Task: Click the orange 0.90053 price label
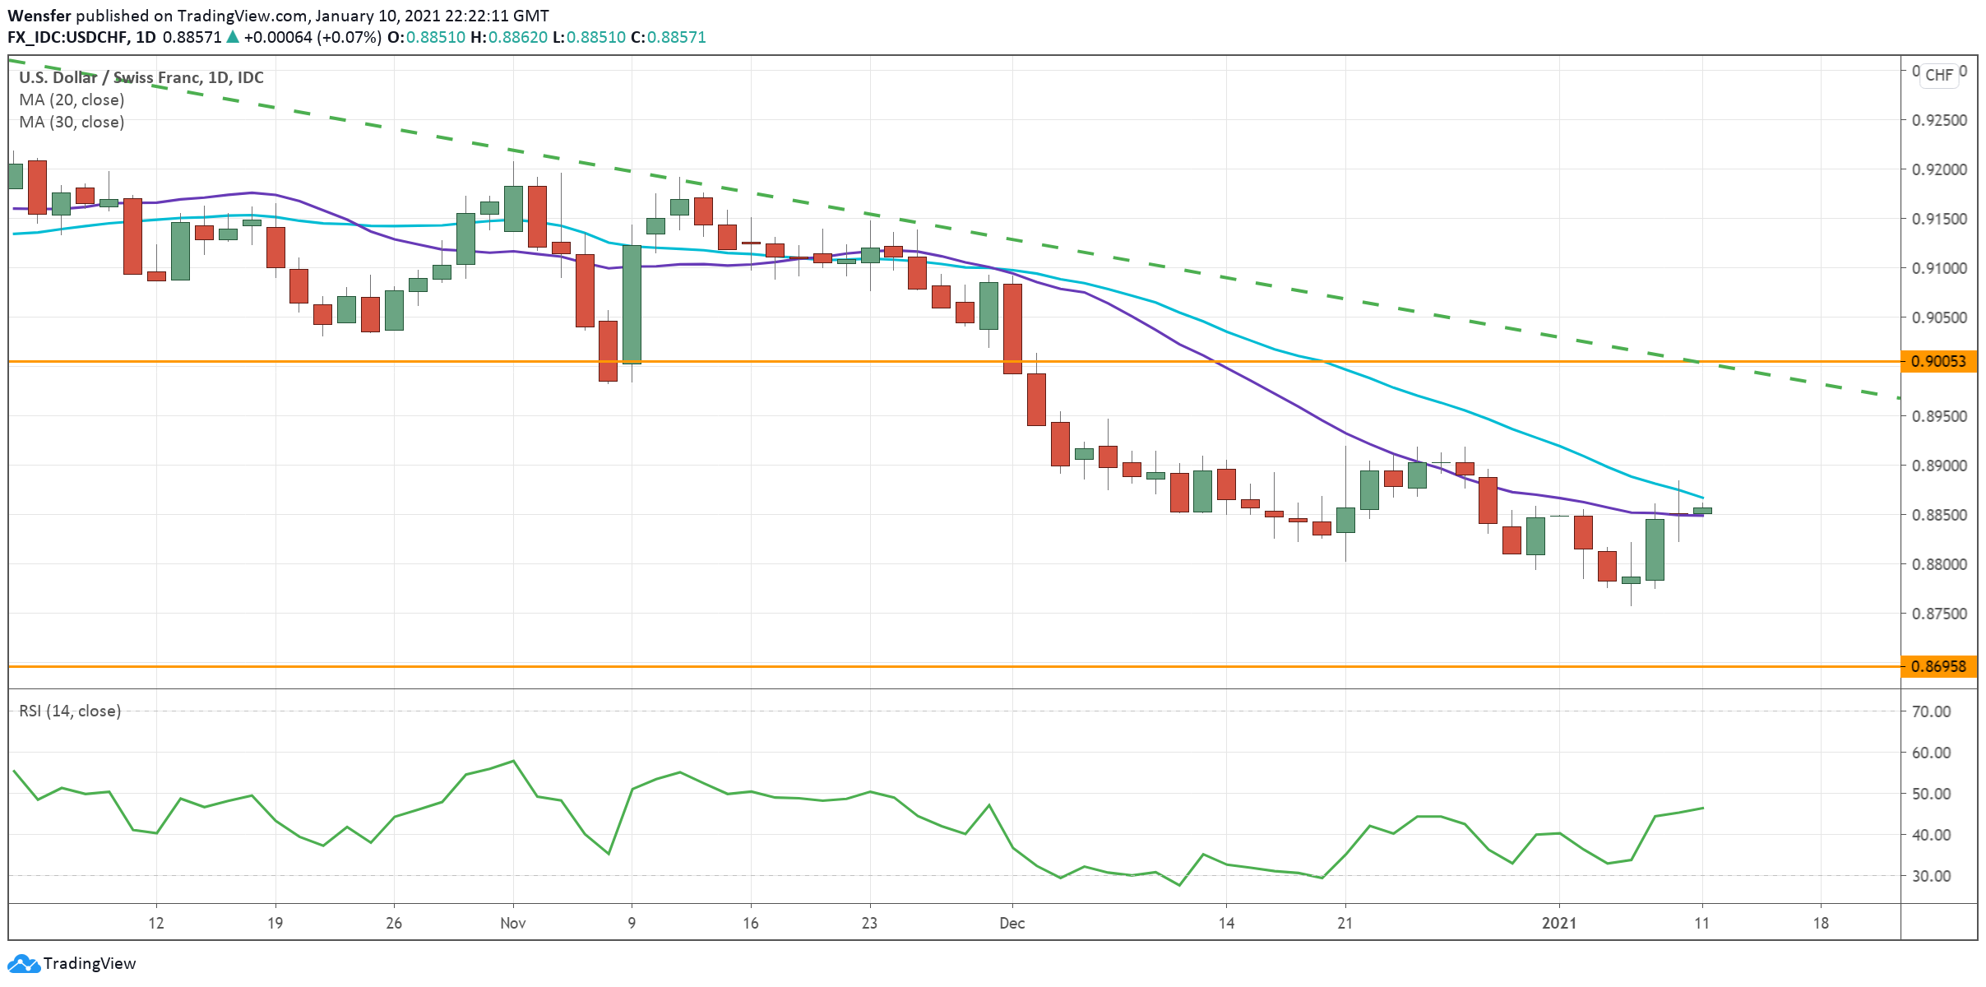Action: pos(1938,361)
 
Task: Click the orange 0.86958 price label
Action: pos(1938,666)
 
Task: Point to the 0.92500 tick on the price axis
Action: pos(1939,120)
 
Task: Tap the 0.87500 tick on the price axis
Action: pos(1939,614)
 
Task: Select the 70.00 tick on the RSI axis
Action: pos(1931,711)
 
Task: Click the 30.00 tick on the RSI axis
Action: pos(1931,876)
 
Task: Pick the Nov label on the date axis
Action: pos(512,923)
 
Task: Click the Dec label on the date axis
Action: pos(1012,923)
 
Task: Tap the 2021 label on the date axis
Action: pos(1558,923)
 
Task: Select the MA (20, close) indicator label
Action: pos(72,100)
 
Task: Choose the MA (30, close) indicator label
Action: pos(72,122)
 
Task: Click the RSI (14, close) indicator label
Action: pos(70,711)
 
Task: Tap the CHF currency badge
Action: pos(1938,75)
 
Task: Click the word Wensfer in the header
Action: pos(39,16)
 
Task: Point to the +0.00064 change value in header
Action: pos(278,37)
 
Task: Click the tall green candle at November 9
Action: pos(632,304)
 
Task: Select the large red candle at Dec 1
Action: pos(1012,328)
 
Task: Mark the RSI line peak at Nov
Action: pos(513,761)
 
